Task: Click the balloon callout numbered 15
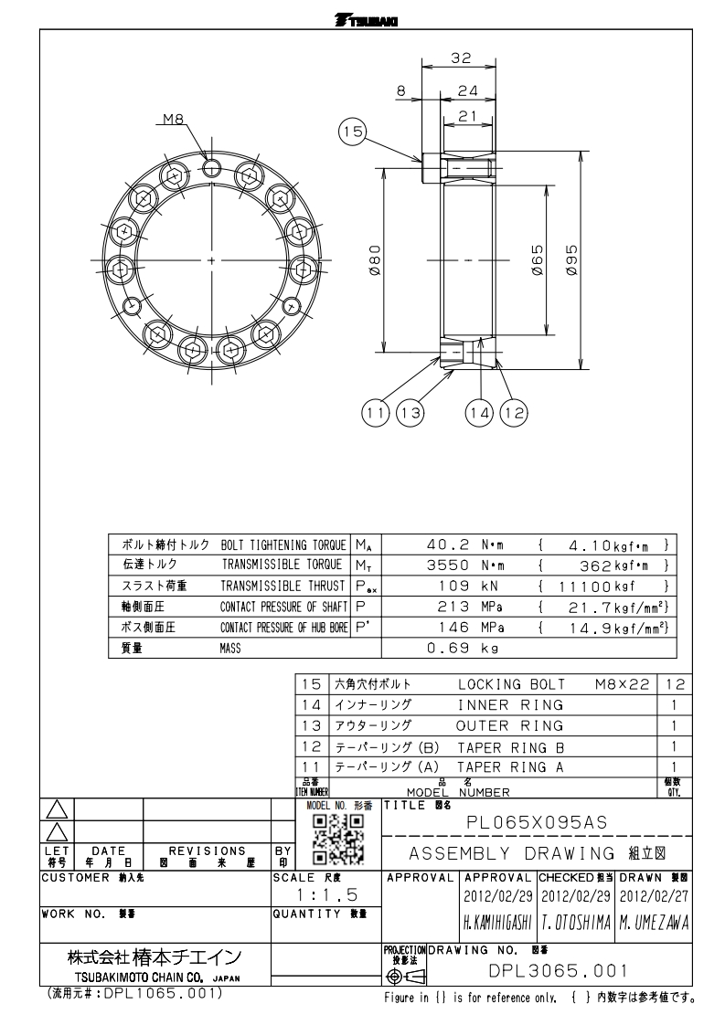tap(352, 132)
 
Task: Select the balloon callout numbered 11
tap(375, 413)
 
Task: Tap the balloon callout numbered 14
tap(479, 413)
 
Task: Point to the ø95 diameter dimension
tap(571, 260)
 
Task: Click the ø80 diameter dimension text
tap(374, 260)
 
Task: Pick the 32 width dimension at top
tap(462, 58)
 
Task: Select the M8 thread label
tap(174, 119)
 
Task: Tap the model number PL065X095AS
tap(537, 822)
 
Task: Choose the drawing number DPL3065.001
tap(558, 971)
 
